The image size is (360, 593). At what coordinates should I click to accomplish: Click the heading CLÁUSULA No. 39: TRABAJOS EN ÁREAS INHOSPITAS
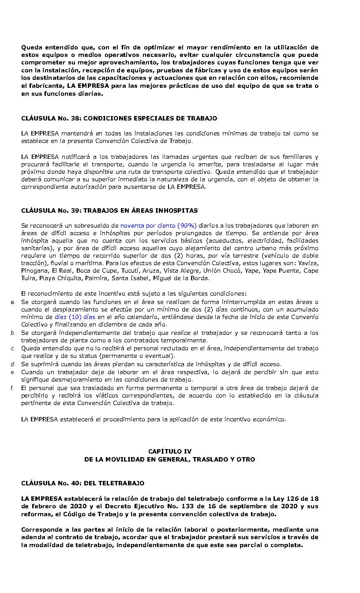[109, 210]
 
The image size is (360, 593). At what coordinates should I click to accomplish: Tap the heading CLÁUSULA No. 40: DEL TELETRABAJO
[82, 483]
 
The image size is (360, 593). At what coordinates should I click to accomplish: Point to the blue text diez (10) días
[75, 317]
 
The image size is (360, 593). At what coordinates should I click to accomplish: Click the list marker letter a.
[13, 302]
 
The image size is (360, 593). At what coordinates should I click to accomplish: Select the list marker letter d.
[13, 364]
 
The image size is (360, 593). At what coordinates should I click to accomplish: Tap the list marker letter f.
[13, 388]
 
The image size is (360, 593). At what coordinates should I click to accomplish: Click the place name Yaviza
[308, 263]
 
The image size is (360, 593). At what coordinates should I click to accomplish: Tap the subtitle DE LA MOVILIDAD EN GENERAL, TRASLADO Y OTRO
[170, 459]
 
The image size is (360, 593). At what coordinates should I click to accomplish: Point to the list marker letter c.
[13, 348]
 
